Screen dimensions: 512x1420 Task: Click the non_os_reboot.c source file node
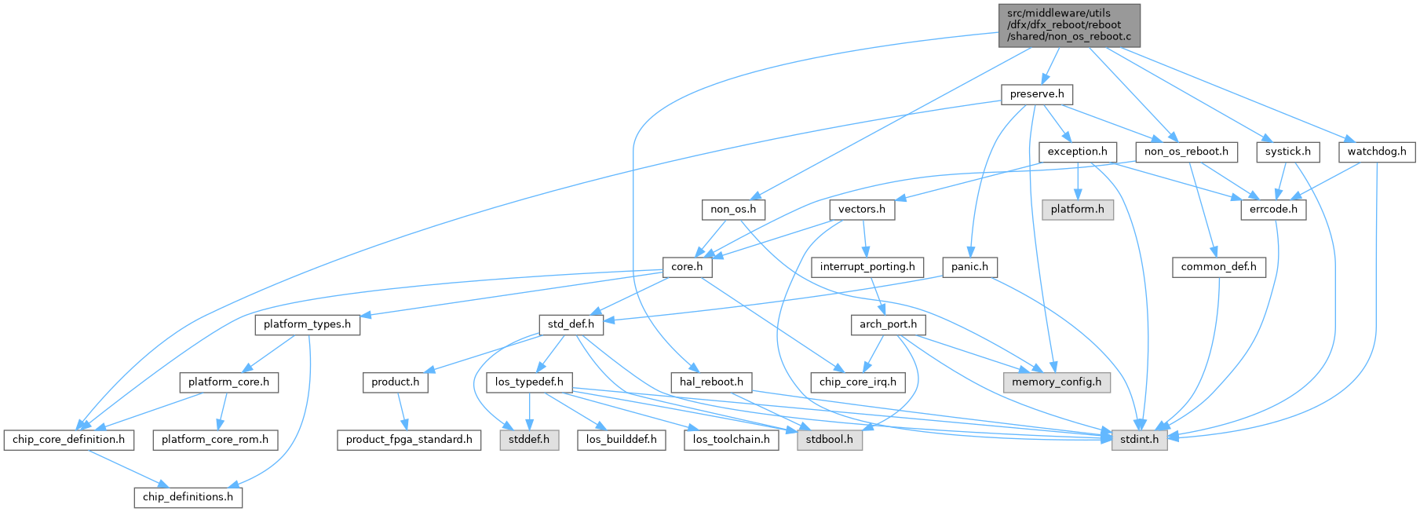coord(1069,25)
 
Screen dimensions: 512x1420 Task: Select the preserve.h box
coord(1036,94)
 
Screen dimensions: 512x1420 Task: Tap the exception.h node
coord(1077,152)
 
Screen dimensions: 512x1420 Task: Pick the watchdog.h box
coord(1376,152)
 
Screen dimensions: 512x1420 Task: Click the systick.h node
coord(1287,152)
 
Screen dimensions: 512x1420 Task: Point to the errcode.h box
coord(1272,210)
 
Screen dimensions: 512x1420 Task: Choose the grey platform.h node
coord(1077,210)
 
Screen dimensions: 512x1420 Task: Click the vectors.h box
coord(861,210)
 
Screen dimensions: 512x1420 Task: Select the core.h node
coord(686,267)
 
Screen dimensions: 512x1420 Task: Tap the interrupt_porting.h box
coord(867,267)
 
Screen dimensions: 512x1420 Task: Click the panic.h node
coord(969,267)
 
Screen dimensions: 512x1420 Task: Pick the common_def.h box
coord(1218,267)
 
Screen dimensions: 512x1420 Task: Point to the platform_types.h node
coord(307,324)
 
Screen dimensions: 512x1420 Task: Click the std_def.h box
coord(571,324)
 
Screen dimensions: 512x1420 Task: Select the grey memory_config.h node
coord(1056,382)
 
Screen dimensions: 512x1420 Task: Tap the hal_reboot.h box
coord(711,382)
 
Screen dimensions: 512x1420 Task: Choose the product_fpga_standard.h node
coord(409,440)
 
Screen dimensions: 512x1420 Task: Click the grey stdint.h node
coord(1138,440)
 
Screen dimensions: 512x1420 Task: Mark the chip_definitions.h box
coord(188,497)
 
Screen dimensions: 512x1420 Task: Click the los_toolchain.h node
coord(731,440)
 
